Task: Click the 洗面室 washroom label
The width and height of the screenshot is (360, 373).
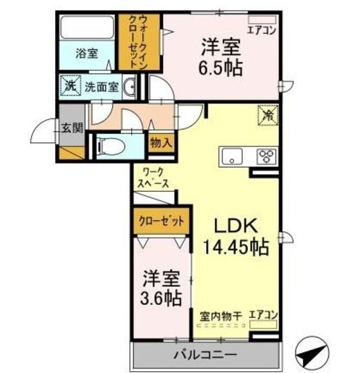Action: (101, 87)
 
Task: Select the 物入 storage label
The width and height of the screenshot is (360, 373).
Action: (160, 142)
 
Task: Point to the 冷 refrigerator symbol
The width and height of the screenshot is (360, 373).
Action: (268, 115)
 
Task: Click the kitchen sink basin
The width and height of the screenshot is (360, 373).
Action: (232, 156)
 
